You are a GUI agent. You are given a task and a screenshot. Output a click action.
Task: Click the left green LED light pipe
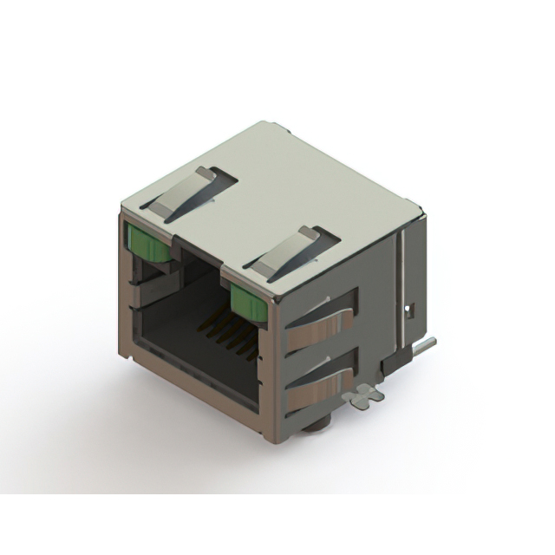tap(148, 244)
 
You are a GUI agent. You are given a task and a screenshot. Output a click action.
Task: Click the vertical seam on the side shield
tap(400, 277)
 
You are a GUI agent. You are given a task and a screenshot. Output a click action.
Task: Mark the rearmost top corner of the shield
tap(421, 208)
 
